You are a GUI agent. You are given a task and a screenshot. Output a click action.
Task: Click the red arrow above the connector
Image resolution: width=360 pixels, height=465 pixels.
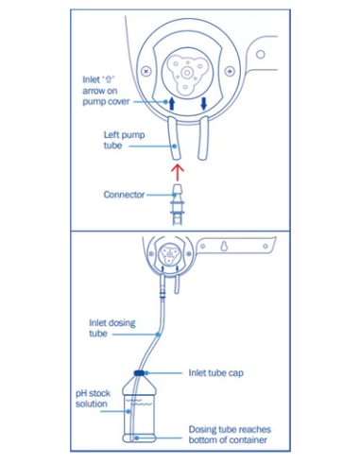[x=178, y=172]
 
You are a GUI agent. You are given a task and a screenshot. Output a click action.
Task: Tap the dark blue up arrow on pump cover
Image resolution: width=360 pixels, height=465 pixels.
[x=172, y=103]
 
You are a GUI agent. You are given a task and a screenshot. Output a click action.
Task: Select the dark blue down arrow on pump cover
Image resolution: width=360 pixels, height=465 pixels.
[x=204, y=103]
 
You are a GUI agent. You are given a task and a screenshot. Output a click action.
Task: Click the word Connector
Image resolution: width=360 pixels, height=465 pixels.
[x=124, y=195]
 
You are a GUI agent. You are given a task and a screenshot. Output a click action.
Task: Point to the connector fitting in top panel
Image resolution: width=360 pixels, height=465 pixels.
[x=178, y=204]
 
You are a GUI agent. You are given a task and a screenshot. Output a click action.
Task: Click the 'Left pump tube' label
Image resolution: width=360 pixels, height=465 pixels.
[x=124, y=140]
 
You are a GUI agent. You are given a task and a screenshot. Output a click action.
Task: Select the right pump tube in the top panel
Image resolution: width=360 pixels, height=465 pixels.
[x=203, y=138]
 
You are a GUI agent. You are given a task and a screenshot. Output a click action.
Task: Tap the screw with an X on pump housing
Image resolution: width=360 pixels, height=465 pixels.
[x=146, y=72]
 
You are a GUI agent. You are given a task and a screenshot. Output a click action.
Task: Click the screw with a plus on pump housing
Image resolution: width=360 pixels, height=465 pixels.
[x=230, y=71]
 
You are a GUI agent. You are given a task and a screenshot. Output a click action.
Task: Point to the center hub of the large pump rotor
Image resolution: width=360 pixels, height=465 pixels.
[x=187, y=73]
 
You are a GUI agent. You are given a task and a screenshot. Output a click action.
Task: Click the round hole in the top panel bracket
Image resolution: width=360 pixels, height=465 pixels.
[x=261, y=55]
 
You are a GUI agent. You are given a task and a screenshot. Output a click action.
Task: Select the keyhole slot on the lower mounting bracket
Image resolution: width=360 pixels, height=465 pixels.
[x=224, y=246]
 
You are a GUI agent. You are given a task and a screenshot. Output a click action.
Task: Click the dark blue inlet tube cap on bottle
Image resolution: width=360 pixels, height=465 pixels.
[x=139, y=373]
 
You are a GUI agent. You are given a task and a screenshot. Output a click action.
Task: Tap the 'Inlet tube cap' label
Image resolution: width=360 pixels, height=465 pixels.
[x=215, y=373]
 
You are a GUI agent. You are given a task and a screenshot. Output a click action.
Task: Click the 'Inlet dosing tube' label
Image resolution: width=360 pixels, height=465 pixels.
[x=112, y=328]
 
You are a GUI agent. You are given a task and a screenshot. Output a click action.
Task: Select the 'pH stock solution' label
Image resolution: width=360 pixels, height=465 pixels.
[x=93, y=399]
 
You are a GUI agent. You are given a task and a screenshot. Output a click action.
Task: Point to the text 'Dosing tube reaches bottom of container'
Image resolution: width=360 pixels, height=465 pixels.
[x=230, y=435]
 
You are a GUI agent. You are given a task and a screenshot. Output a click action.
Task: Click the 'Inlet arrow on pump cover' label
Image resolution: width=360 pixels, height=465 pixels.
[x=106, y=91]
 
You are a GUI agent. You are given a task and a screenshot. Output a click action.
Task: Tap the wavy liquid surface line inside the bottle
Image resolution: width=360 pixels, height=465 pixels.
[x=139, y=402]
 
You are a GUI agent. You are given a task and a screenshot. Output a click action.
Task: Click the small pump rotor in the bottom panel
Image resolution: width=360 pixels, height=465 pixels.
[x=170, y=253]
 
